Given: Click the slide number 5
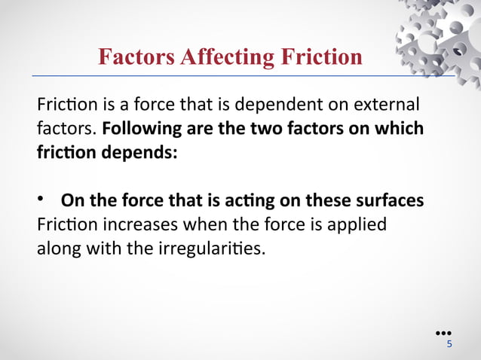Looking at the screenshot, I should [x=449, y=344].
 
